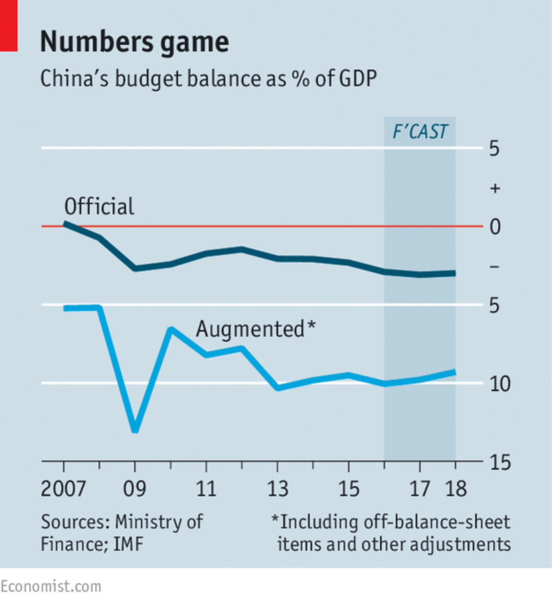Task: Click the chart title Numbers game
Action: [134, 42]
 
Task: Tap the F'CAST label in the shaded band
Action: [420, 131]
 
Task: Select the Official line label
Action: [99, 206]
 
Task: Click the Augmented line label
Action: [250, 329]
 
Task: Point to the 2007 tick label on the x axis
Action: [63, 489]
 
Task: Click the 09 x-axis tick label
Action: [135, 489]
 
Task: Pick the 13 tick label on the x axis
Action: [277, 489]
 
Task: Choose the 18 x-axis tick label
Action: [456, 489]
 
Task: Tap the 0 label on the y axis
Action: [495, 227]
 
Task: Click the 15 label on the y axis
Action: [500, 462]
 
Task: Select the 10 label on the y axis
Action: [500, 384]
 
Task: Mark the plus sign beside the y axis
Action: [495, 188]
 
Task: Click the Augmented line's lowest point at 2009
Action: [135, 429]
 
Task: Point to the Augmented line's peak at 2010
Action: [171, 330]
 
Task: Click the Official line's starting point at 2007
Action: [65, 223]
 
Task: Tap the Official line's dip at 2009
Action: [135, 268]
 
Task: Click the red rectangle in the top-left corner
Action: [9, 26]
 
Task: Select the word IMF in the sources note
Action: [128, 544]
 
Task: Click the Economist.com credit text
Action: [51, 587]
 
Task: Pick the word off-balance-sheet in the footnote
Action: [437, 522]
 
